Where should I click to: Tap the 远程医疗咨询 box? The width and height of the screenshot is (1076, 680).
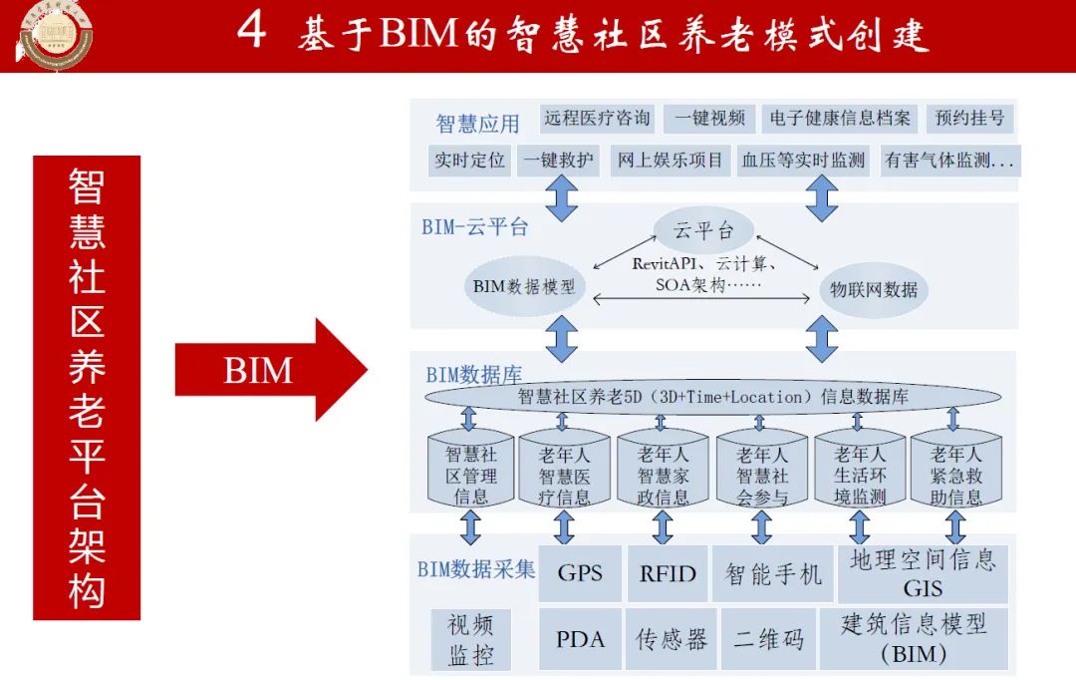pyautogui.click(x=597, y=119)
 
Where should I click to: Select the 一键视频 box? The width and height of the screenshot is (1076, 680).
pyautogui.click(x=709, y=119)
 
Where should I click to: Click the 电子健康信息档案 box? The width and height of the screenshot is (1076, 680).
pyautogui.click(x=840, y=119)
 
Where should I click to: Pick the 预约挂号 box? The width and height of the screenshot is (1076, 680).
pyautogui.click(x=969, y=119)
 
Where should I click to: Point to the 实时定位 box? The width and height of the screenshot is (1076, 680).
pyautogui.click(x=469, y=160)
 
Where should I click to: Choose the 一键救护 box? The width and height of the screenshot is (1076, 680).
pyautogui.click(x=557, y=160)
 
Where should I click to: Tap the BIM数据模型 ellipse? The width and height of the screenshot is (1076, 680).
pyautogui.click(x=524, y=288)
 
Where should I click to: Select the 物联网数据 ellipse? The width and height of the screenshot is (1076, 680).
pyautogui.click(x=874, y=290)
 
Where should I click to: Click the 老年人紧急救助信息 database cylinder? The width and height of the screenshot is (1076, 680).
pyautogui.click(x=955, y=469)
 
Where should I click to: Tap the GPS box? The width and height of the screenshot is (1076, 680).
pyautogui.click(x=580, y=573)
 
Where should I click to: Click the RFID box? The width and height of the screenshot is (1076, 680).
pyautogui.click(x=668, y=573)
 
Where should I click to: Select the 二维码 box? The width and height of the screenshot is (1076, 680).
pyautogui.click(x=768, y=639)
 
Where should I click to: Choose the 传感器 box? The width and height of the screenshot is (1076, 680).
pyautogui.click(x=672, y=639)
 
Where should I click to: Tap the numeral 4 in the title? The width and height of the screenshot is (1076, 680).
pyautogui.click(x=251, y=32)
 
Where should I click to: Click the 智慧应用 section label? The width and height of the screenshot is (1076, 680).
pyautogui.click(x=478, y=125)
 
